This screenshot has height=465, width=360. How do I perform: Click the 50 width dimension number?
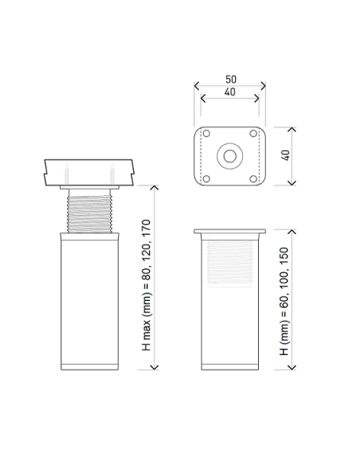click(x=229, y=80)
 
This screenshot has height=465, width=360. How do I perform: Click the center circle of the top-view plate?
click(x=229, y=155)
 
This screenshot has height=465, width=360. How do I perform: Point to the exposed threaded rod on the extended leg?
click(x=90, y=211)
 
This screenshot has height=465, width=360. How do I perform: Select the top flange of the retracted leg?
click(x=229, y=233)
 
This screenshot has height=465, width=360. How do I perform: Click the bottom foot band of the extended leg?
click(x=90, y=367)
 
